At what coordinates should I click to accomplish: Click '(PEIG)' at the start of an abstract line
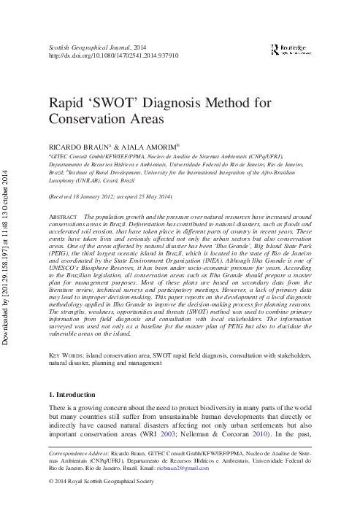coord(58,261)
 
